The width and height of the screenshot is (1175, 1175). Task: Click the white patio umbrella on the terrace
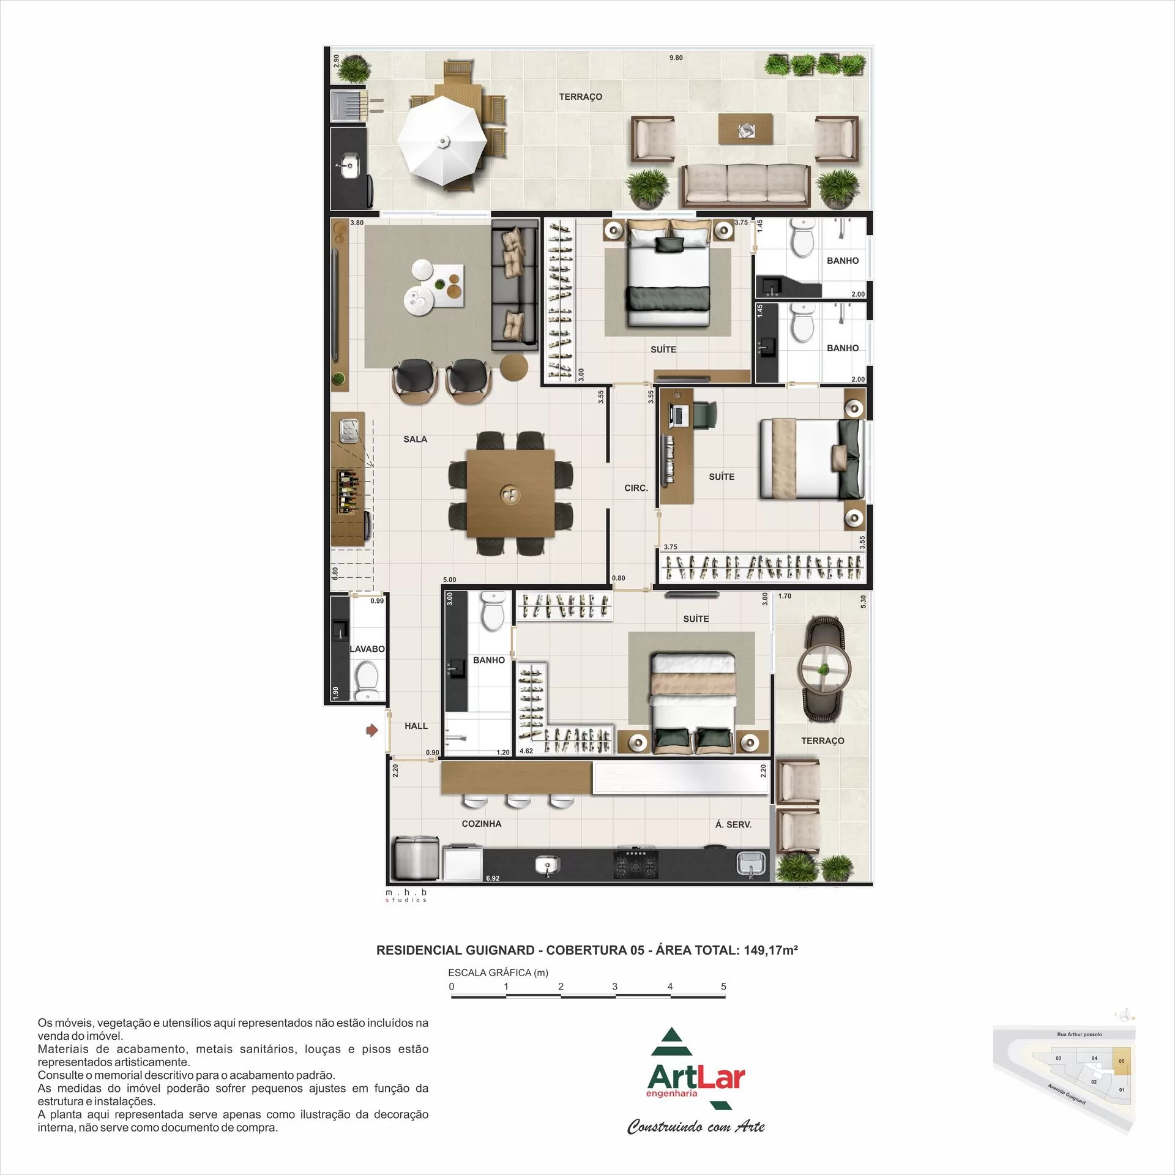(442, 140)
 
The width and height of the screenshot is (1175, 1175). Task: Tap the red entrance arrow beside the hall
(371, 730)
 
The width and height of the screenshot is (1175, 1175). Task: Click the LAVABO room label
(367, 649)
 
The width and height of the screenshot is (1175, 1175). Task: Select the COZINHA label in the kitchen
(482, 824)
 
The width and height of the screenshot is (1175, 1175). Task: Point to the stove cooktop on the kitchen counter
(636, 864)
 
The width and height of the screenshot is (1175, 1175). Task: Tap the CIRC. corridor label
(636, 488)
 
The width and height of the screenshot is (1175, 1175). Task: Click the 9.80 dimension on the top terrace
(676, 58)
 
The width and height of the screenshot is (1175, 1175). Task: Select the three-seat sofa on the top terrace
(745, 184)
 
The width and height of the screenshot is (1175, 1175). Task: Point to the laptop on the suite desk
(677, 416)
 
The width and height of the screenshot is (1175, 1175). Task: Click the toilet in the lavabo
(367, 683)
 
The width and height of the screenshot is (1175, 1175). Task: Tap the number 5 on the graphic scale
(723, 987)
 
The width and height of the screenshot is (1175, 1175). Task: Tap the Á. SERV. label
(733, 824)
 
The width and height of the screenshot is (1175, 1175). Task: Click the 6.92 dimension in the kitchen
(493, 878)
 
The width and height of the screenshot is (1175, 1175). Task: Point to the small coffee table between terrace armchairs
(745, 129)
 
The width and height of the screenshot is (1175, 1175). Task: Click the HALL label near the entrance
(416, 726)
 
